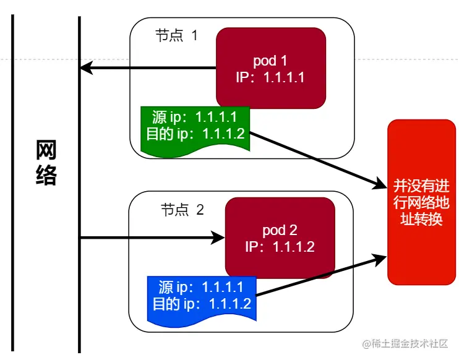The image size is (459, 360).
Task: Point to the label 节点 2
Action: pyautogui.click(x=182, y=210)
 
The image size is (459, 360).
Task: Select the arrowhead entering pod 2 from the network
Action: pyautogui.click(x=218, y=237)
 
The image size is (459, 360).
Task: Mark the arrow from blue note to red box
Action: pyautogui.click(x=319, y=275)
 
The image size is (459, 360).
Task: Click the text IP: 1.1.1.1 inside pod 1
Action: pyautogui.click(x=271, y=77)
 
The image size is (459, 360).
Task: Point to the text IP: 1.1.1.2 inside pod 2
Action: pyautogui.click(x=280, y=247)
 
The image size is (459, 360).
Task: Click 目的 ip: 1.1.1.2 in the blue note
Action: pyautogui.click(x=202, y=304)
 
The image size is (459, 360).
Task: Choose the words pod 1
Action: pyautogui.click(x=271, y=61)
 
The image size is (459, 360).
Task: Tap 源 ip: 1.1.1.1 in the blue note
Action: pyautogui.click(x=202, y=288)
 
